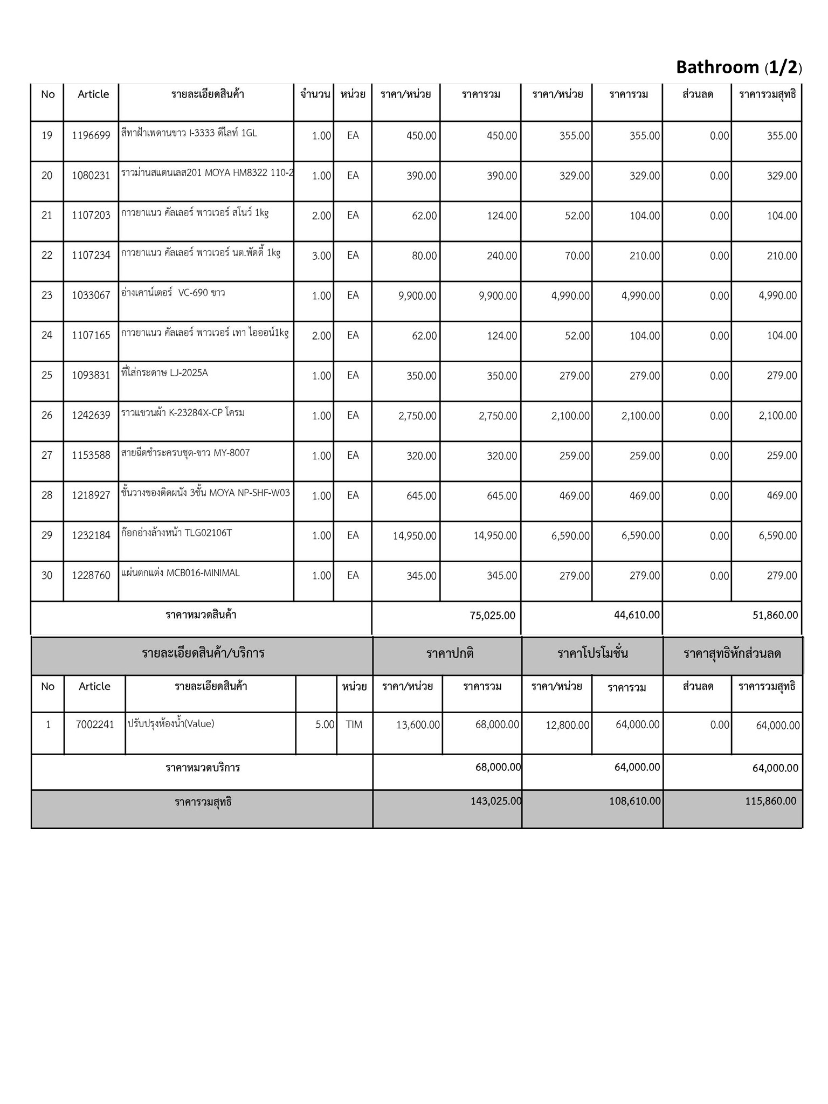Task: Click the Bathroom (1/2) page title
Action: (739, 67)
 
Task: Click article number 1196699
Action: (91, 136)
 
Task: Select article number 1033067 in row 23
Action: (91, 295)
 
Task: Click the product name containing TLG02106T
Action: (177, 533)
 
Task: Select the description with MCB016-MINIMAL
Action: (181, 573)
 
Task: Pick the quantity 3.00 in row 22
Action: (321, 256)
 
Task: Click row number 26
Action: (47, 416)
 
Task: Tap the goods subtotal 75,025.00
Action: (492, 616)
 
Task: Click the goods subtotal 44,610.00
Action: (637, 615)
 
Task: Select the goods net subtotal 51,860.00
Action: (775, 616)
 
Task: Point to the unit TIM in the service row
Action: (354, 725)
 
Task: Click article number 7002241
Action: (95, 725)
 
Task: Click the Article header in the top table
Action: (93, 94)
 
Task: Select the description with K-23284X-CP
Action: (183, 413)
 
